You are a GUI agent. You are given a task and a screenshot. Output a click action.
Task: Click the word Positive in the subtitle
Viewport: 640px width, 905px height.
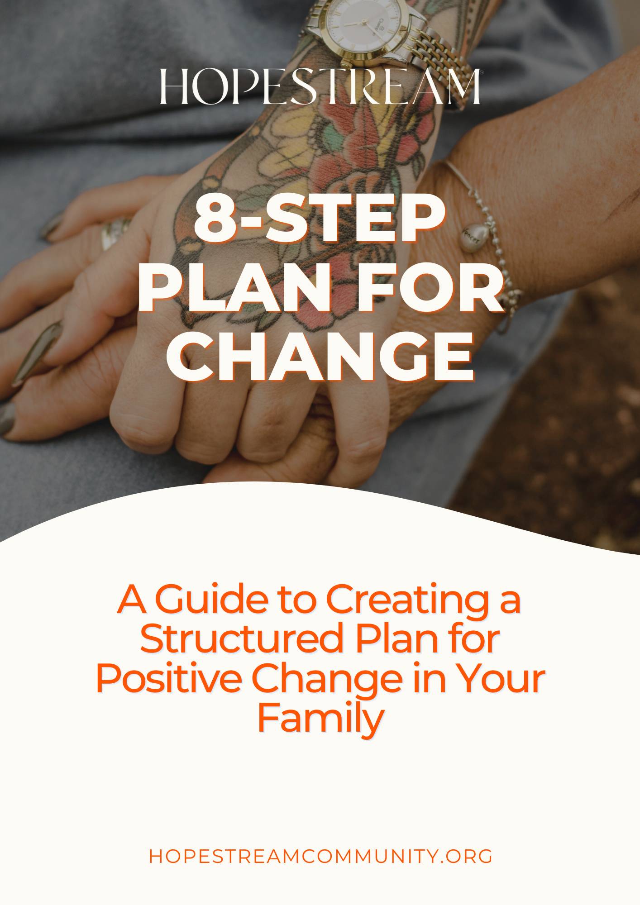(x=168, y=677)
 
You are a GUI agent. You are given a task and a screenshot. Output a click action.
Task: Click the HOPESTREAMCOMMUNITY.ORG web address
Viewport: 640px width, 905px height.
(x=320, y=856)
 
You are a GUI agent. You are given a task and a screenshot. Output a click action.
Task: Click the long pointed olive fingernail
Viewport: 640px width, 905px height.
(x=36, y=353)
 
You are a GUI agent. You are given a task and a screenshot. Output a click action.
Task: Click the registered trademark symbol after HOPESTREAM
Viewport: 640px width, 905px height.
(x=482, y=72)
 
